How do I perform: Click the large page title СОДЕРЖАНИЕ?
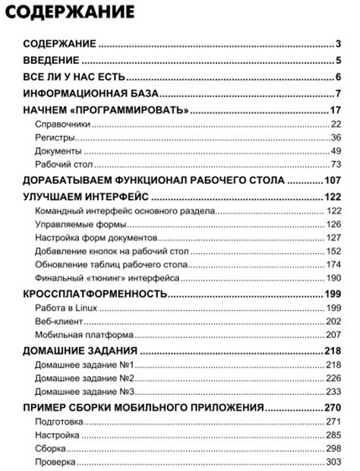click(73, 13)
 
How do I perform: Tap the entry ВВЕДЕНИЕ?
click(51, 60)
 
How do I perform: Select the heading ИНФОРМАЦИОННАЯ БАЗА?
click(90, 94)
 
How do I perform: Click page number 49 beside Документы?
click(336, 152)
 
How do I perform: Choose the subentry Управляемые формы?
click(80, 225)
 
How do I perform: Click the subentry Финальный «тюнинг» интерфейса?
click(107, 279)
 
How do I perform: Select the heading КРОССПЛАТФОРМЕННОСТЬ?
click(94, 293)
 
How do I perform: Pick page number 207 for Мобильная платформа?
click(333, 335)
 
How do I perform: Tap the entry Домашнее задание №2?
click(84, 378)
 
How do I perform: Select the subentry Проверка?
click(55, 462)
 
